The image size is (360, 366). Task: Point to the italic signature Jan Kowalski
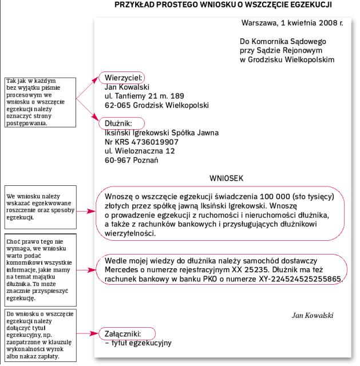tap(312, 315)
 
